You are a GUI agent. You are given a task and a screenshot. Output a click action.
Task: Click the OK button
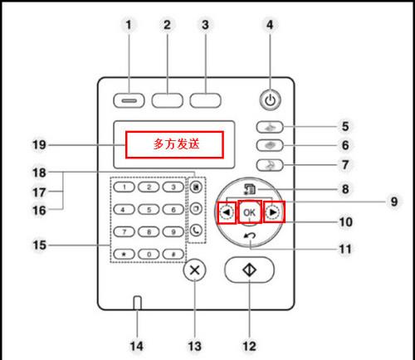250,212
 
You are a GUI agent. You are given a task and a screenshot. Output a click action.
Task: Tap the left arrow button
227,212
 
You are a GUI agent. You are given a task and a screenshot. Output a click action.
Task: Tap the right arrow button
273,212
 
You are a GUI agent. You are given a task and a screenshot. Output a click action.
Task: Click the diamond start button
249,270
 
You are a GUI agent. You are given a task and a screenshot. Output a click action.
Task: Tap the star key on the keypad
124,254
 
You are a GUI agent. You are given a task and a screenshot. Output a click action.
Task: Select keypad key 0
149,254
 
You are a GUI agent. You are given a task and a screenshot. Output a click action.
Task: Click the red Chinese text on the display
177,144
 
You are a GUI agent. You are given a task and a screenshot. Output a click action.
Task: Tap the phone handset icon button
196,231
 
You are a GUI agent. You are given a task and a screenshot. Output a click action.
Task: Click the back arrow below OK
250,236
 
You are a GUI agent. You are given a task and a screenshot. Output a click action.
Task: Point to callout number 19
39,144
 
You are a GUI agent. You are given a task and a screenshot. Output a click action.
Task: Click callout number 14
137,346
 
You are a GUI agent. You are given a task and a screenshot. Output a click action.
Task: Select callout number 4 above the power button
270,25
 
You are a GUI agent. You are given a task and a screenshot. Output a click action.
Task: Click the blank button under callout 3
205,100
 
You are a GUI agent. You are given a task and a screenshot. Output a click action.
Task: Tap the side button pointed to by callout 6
270,145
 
